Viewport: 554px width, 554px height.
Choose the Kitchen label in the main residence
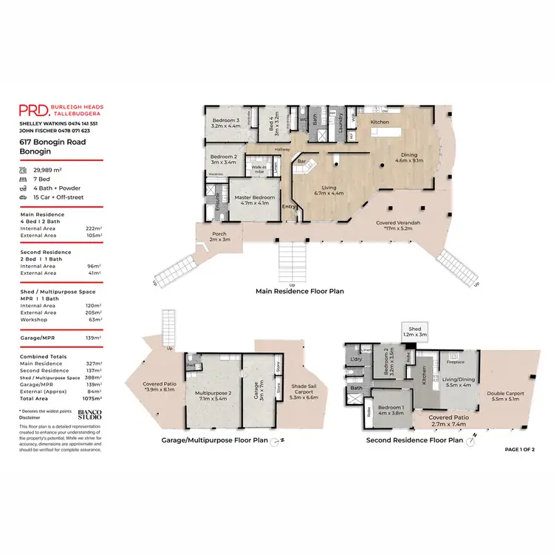tap(380, 122)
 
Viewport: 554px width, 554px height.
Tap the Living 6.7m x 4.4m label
tap(329, 191)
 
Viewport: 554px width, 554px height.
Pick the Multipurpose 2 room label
tap(210, 396)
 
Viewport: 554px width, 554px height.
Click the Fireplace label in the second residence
tap(456, 362)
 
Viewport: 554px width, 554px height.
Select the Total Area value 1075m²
tap(89, 398)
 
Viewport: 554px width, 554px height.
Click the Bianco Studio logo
tap(90, 414)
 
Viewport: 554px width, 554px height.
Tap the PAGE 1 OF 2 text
tap(519, 449)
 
